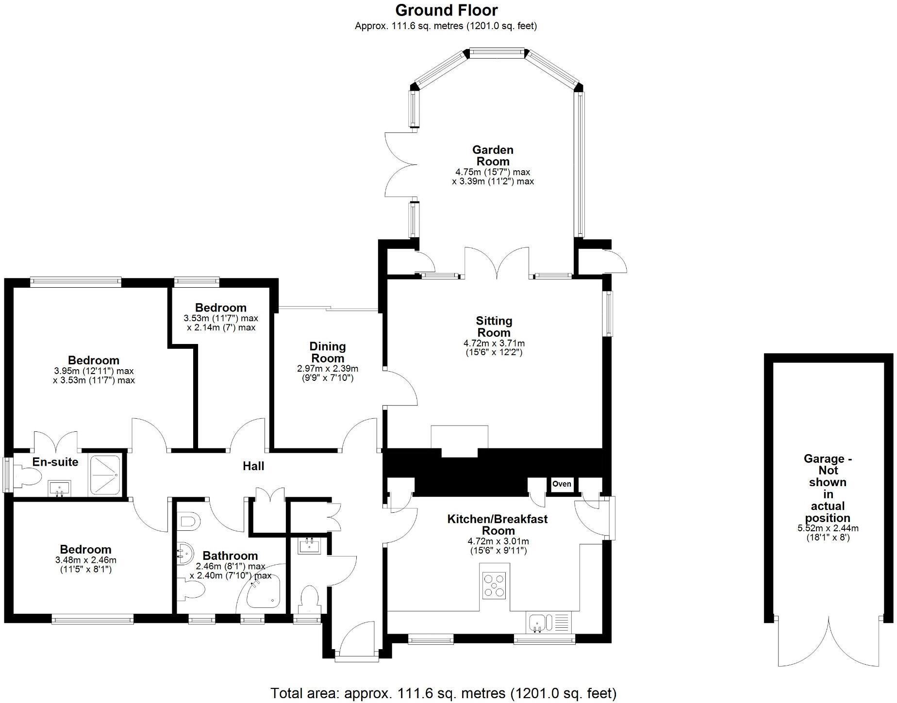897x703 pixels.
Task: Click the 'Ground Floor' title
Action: [x=446, y=10]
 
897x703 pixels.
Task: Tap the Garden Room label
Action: [x=493, y=156]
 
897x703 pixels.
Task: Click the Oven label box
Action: [x=562, y=484]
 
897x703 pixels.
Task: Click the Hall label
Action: [x=253, y=466]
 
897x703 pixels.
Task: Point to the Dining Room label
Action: [x=328, y=353]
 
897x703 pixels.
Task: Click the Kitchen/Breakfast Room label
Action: [x=498, y=524]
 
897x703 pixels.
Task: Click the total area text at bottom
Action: [x=443, y=693]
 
